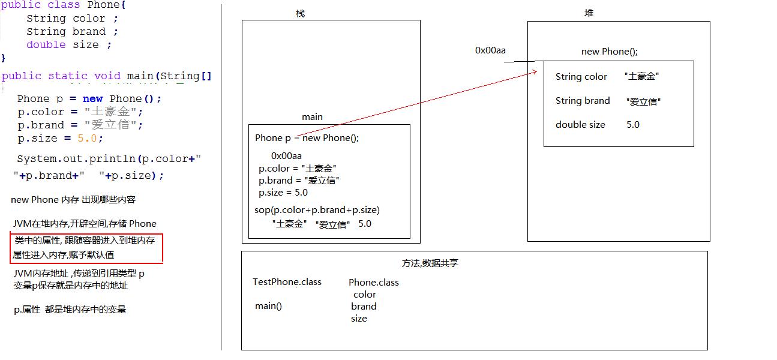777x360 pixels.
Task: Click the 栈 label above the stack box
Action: click(x=300, y=13)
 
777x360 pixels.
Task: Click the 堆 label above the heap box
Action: click(x=589, y=13)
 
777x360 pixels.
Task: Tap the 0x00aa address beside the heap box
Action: click(x=490, y=50)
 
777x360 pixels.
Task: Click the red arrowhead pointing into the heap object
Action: click(x=534, y=72)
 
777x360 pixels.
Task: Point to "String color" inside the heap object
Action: click(x=581, y=77)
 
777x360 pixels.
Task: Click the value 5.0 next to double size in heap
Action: click(x=633, y=125)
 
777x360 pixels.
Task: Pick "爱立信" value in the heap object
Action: click(x=643, y=101)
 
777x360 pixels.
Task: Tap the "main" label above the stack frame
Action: click(x=312, y=117)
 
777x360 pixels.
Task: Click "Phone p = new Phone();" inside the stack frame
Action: click(x=307, y=138)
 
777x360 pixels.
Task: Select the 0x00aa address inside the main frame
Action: click(x=286, y=156)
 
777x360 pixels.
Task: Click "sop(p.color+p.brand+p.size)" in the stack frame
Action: click(x=317, y=210)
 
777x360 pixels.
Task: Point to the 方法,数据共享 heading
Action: click(x=430, y=263)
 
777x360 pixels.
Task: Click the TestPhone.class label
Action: click(x=287, y=282)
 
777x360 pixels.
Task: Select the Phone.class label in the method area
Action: click(x=373, y=283)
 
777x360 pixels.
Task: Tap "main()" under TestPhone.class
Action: click(x=268, y=306)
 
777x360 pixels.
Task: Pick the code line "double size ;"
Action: click(x=68, y=45)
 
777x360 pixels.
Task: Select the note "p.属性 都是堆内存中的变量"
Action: click(x=70, y=310)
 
